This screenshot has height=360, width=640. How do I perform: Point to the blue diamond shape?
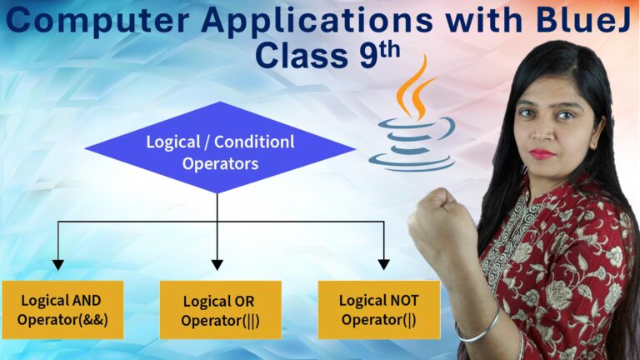click(220, 147)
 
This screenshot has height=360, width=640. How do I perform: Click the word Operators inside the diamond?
click(220, 163)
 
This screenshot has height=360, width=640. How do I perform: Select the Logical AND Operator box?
click(62, 309)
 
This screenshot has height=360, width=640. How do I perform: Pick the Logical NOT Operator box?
click(378, 309)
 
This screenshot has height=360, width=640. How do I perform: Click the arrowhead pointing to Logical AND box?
click(57, 264)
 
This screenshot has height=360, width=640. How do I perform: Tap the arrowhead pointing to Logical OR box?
click(217, 264)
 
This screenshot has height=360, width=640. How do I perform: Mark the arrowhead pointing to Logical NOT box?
click(384, 264)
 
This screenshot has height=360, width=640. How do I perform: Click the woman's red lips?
click(542, 154)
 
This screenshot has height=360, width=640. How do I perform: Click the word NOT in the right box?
click(403, 299)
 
